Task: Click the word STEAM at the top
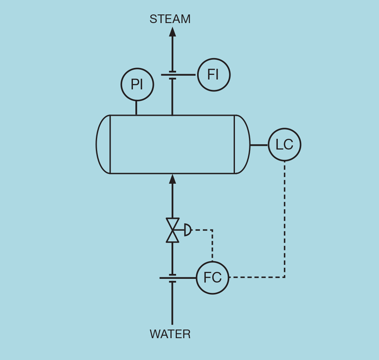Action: click(x=170, y=19)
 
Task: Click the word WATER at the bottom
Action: click(x=170, y=334)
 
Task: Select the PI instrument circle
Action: click(x=137, y=84)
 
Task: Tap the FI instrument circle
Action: click(x=213, y=75)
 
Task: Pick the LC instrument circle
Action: click(x=284, y=145)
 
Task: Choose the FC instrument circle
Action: click(x=212, y=278)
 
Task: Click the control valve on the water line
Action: click(x=172, y=230)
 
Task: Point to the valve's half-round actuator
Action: click(x=188, y=230)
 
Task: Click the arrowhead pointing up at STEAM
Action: click(x=172, y=32)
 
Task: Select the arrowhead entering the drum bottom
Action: click(x=172, y=179)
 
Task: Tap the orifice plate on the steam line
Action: click(x=172, y=75)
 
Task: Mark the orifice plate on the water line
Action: click(x=172, y=278)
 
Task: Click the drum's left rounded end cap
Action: click(x=103, y=144)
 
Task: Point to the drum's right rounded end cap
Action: click(x=242, y=144)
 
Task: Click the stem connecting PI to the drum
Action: click(x=136, y=108)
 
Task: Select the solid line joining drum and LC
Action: click(x=259, y=145)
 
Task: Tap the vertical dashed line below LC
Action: click(x=285, y=217)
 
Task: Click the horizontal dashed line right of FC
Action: click(x=255, y=277)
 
